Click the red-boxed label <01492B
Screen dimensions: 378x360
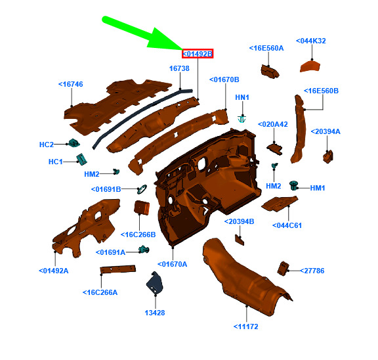198,54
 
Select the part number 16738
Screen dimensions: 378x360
179,68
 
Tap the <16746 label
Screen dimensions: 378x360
71,84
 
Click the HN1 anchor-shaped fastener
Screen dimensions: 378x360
241,119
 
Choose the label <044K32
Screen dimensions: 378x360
311,41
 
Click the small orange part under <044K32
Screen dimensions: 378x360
310,66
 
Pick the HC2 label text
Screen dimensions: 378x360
47,145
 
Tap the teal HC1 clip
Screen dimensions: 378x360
81,159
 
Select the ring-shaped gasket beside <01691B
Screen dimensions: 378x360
142,189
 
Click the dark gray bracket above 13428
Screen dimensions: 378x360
154,282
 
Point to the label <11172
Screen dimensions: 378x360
245,326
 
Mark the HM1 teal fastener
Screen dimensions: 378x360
293,185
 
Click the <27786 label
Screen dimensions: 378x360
312,271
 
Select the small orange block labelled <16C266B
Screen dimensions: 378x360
142,208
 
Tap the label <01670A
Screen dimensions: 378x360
172,265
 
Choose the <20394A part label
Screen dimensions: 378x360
325,132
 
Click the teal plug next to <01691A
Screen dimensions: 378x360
144,250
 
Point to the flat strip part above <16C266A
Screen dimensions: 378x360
118,269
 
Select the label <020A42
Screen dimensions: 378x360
272,125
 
